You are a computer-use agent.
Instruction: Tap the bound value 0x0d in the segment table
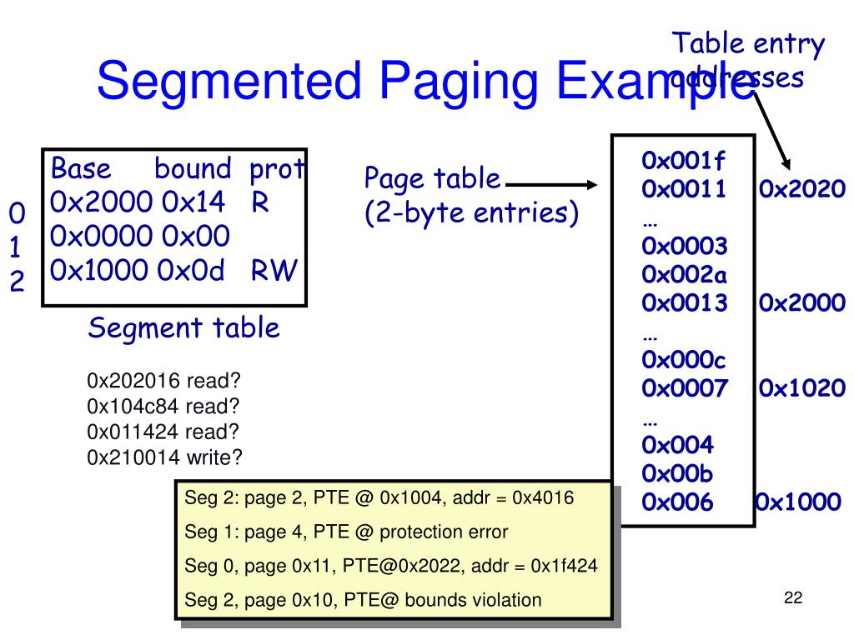coord(193,271)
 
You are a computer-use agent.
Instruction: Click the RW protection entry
coord(274,271)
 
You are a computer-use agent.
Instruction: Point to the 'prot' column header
coord(277,170)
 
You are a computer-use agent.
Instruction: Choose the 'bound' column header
coord(193,169)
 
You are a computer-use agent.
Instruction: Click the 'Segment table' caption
coord(183,328)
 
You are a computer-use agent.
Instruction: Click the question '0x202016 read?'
coord(163,382)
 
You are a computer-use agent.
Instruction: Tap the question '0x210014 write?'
coord(165,457)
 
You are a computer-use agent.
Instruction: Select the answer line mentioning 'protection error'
coord(346,532)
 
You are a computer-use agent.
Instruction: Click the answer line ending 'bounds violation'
coord(363,599)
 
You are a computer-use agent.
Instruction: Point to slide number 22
coord(792,597)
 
